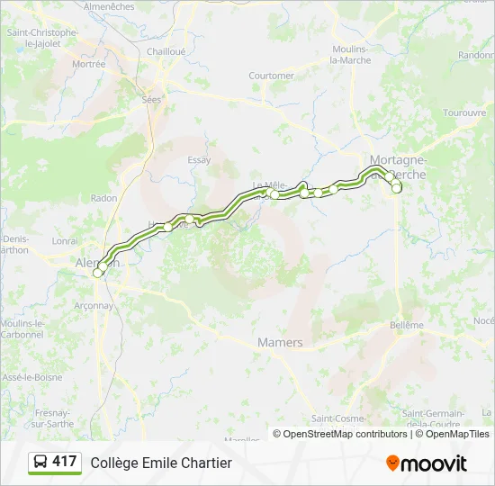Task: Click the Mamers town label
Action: pos(280,343)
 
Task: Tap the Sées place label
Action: pos(150,101)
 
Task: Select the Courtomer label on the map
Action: pos(271,76)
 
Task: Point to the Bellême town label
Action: pos(407,325)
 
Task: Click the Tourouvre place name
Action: pos(464,113)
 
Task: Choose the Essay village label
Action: pos(199,160)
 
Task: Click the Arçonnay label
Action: pos(94,305)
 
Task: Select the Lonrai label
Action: pos(66,241)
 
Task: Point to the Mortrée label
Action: pos(89,64)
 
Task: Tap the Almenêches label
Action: pos(108,6)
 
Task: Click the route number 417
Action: pos(65,462)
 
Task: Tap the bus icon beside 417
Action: pos(40,462)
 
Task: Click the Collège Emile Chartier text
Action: pos(161,463)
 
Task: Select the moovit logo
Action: pos(427,463)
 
